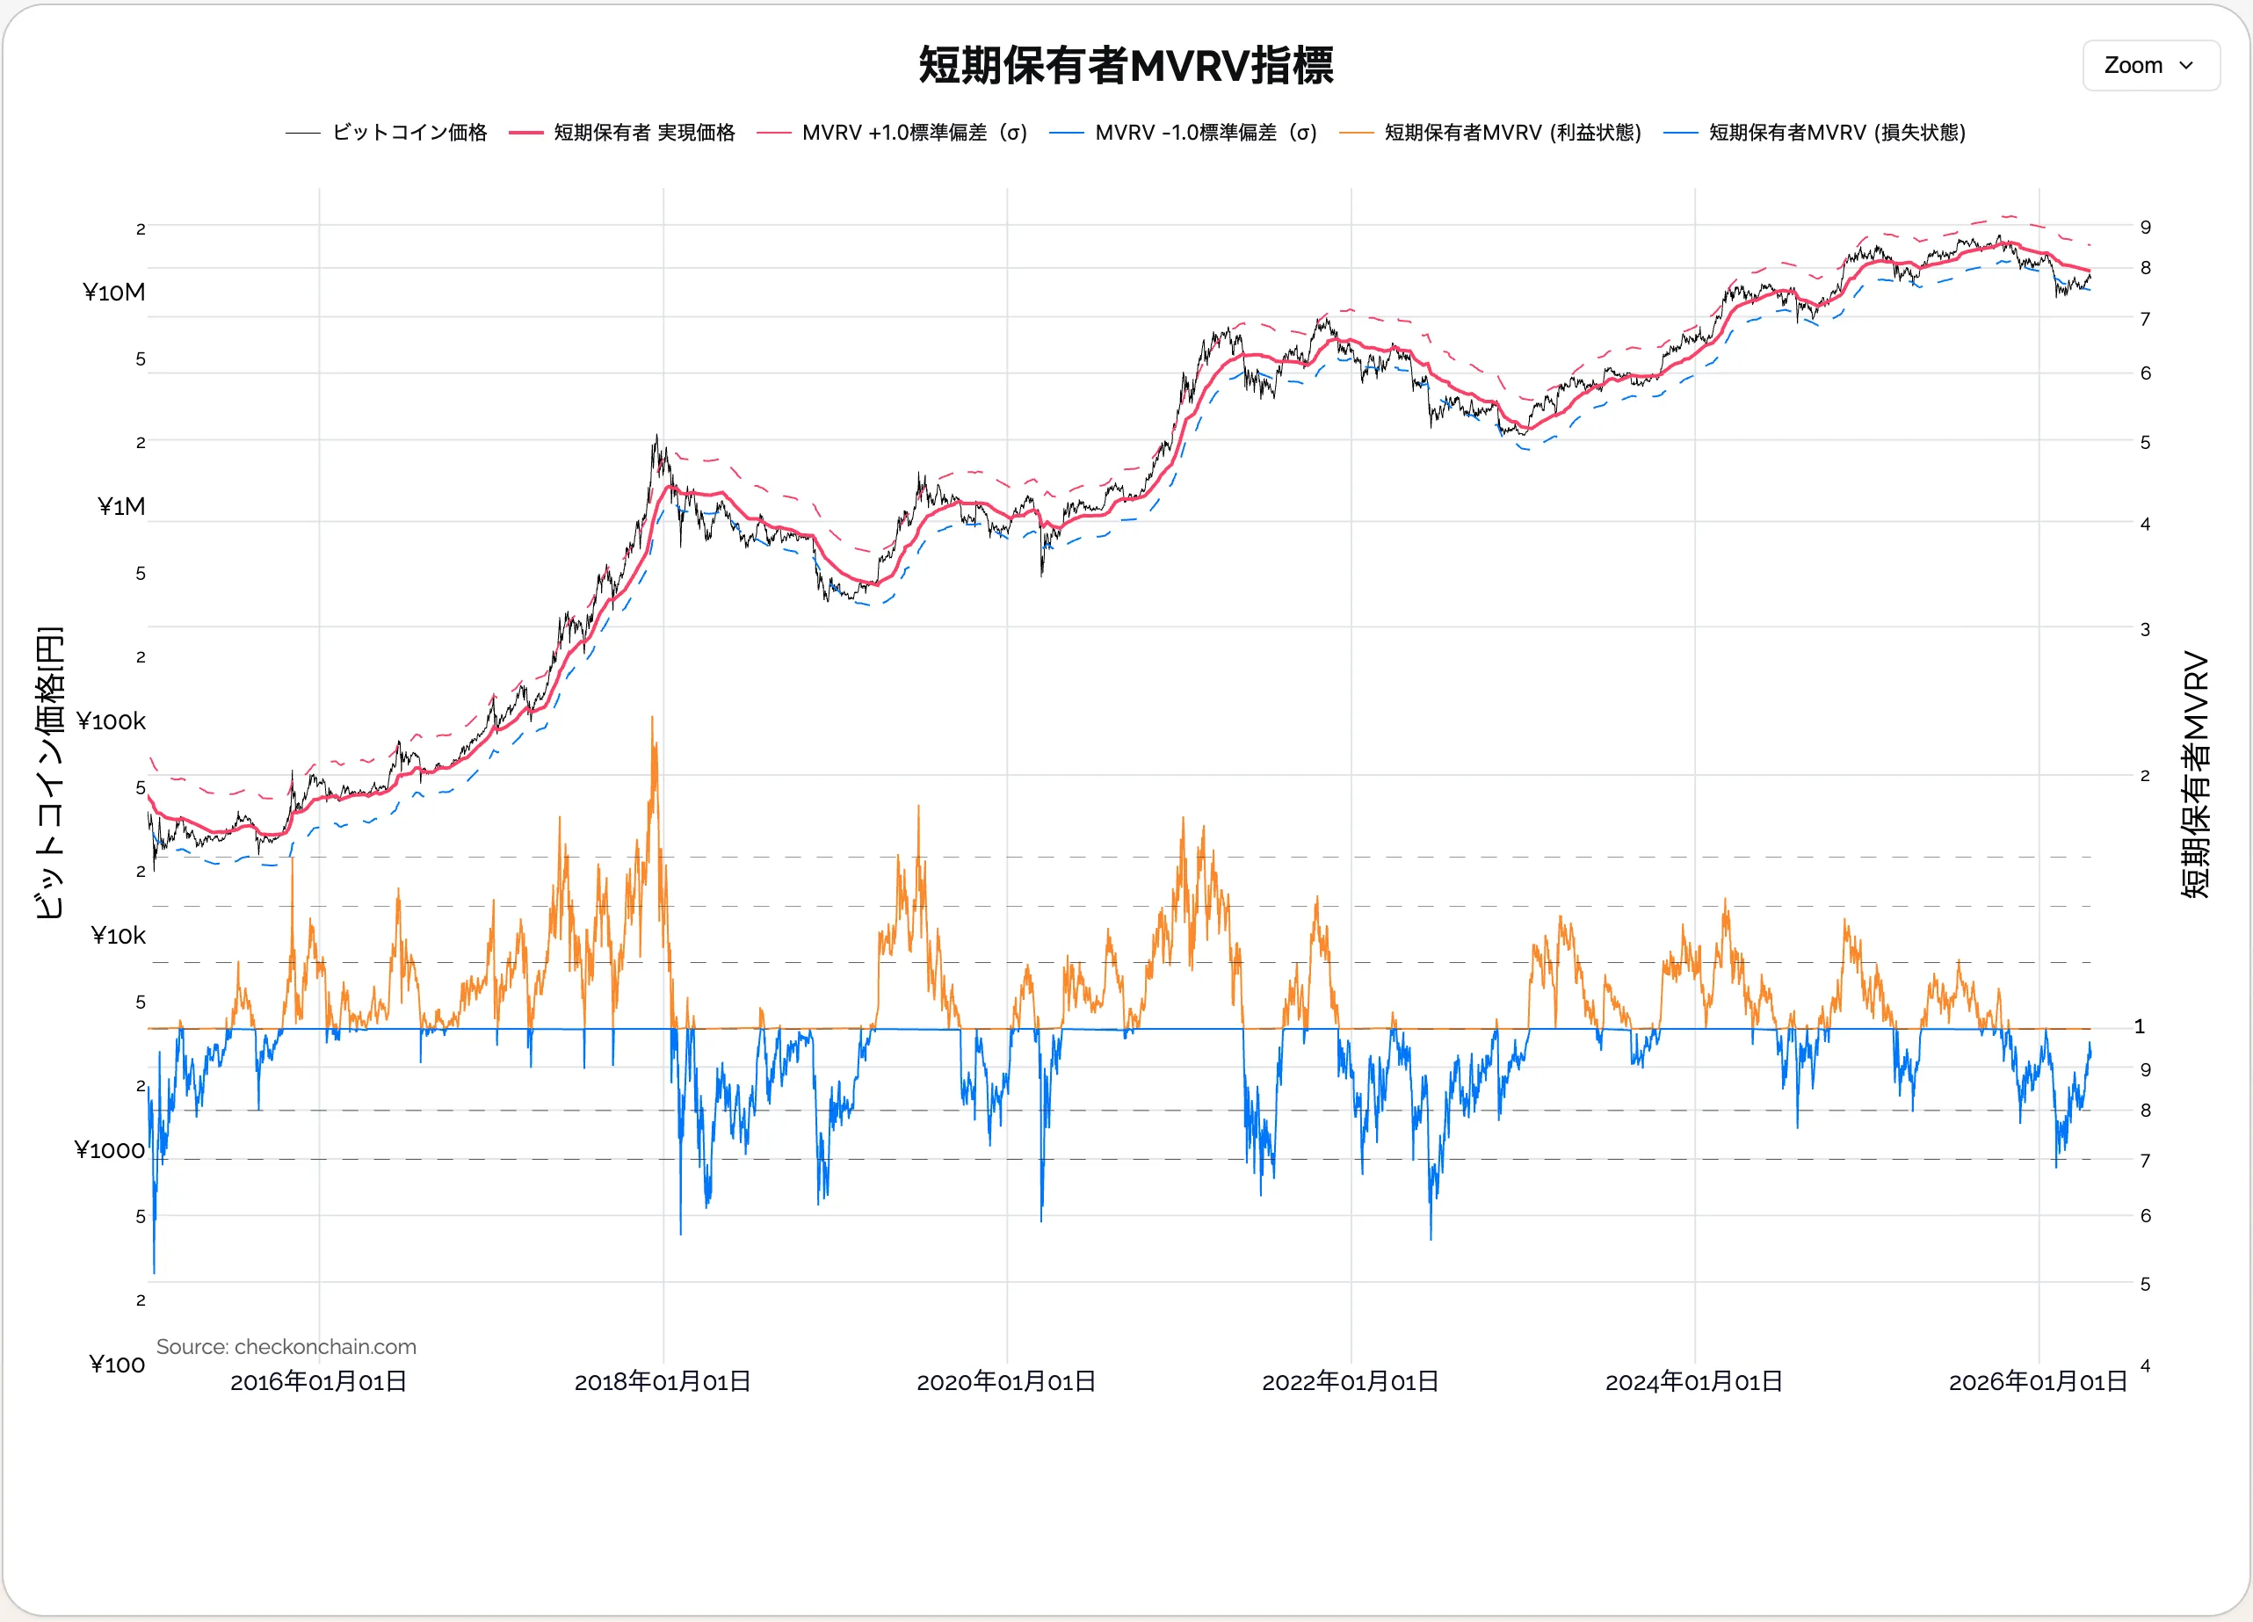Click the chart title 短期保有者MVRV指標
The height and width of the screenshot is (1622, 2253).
[1126, 66]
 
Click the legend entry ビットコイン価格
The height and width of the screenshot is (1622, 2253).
[409, 132]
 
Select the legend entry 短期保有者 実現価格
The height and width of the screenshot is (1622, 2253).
[644, 132]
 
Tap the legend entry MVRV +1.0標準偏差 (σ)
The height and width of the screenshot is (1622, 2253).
[914, 132]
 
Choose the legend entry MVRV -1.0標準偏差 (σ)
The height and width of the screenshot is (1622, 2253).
[1205, 132]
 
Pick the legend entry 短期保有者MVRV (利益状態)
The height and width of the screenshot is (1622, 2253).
[1512, 132]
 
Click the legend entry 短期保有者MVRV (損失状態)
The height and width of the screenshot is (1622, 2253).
[1836, 132]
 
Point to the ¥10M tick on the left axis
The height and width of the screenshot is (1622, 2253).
[114, 292]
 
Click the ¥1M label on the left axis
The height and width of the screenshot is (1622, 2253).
[121, 507]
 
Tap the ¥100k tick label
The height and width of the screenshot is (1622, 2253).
[112, 721]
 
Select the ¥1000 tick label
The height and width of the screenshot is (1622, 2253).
[110, 1150]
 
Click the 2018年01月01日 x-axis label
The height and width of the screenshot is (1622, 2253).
[663, 1381]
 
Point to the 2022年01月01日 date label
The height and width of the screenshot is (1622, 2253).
[1350, 1381]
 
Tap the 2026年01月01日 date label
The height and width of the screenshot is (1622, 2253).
[2038, 1381]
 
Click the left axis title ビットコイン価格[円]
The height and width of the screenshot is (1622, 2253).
[50, 772]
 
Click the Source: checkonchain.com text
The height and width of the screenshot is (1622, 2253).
[286, 1347]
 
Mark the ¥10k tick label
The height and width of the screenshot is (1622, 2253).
[119, 936]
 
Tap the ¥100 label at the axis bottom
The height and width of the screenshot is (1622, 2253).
[117, 1365]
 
